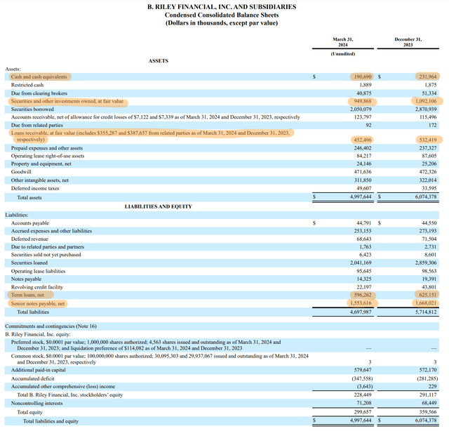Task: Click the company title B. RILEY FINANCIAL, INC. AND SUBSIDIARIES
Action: click(x=222, y=6)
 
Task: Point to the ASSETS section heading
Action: click(x=159, y=61)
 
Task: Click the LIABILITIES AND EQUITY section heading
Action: click(x=159, y=206)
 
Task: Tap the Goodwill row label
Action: click(x=22, y=171)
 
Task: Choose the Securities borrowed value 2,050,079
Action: click(x=358, y=108)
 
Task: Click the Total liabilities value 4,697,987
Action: click(x=358, y=312)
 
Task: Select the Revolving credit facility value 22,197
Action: click(x=362, y=287)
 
